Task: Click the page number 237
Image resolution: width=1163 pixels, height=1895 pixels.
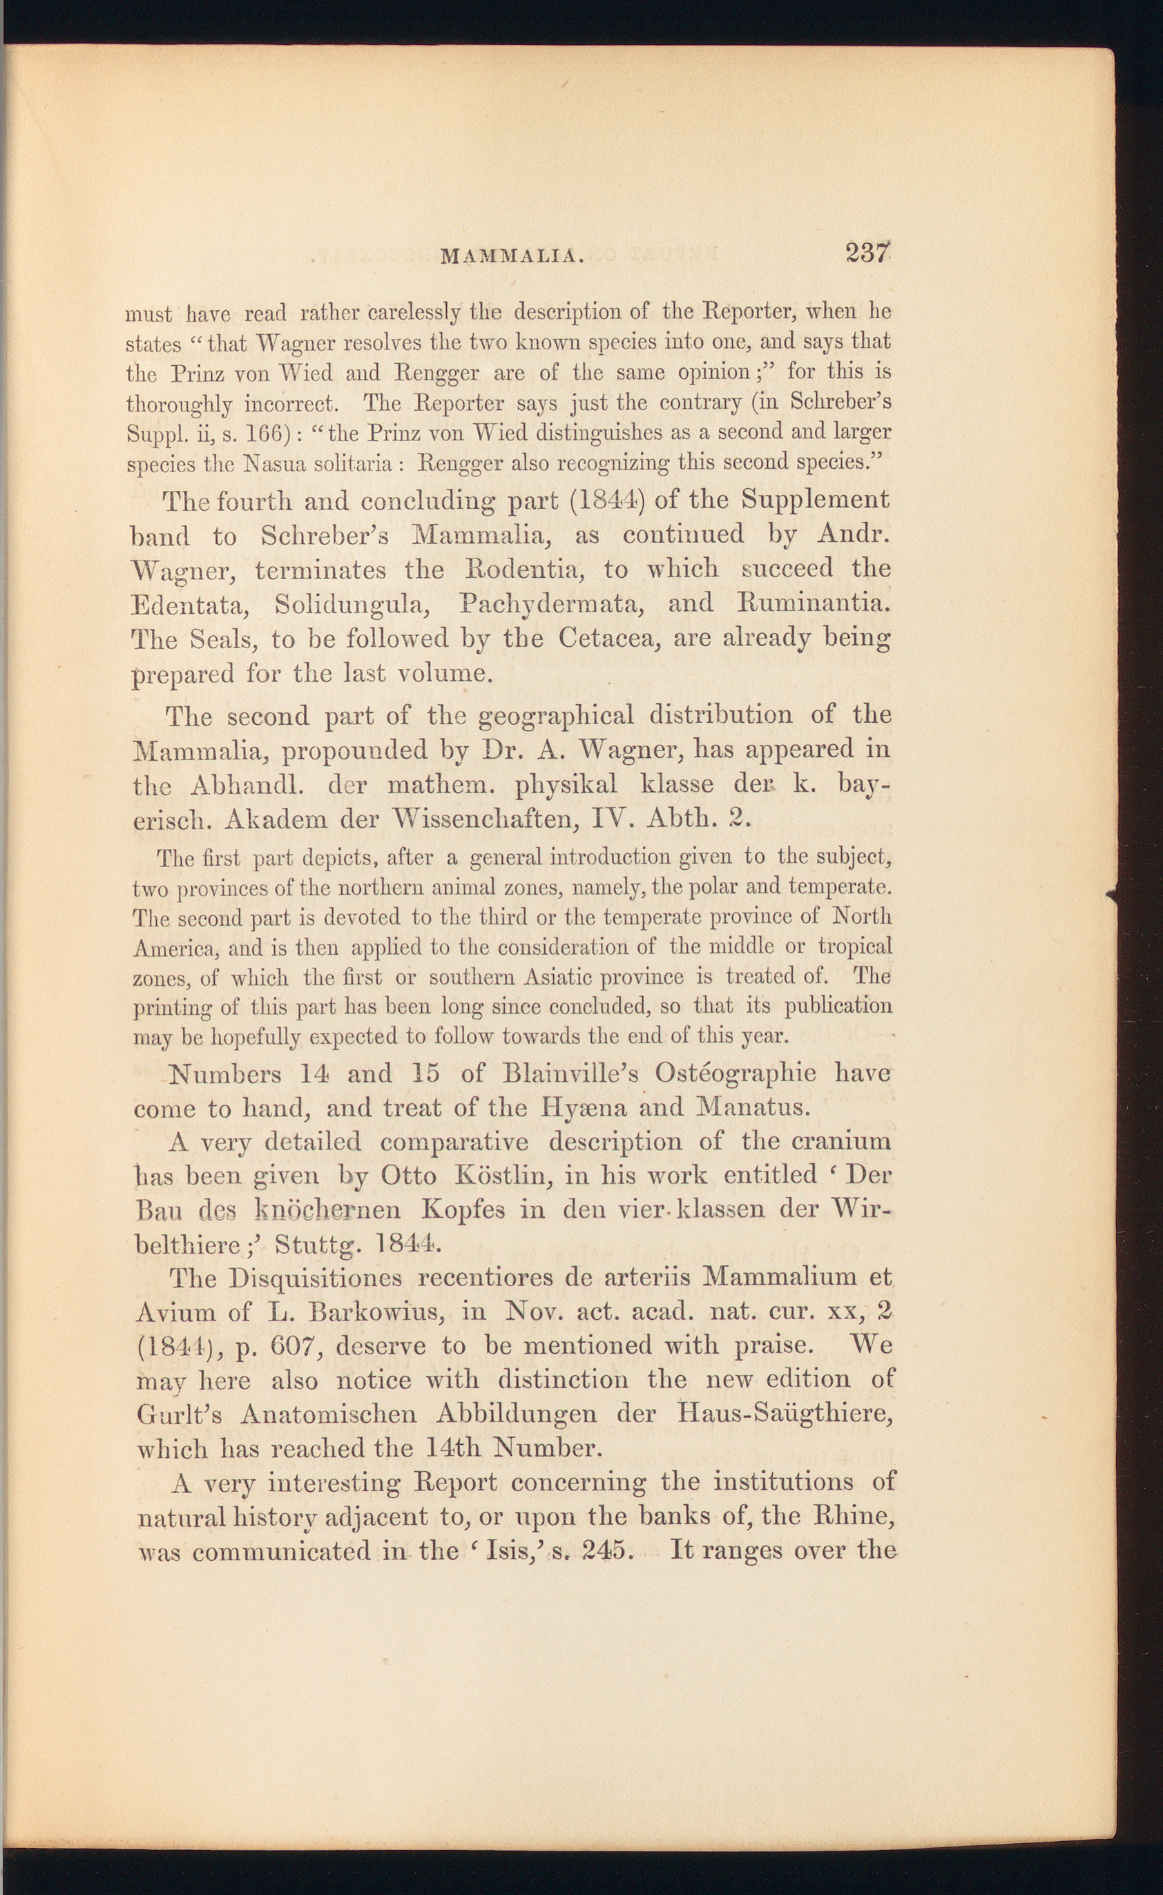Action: tap(867, 253)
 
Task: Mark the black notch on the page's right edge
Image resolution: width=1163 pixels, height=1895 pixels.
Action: tap(1110, 893)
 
